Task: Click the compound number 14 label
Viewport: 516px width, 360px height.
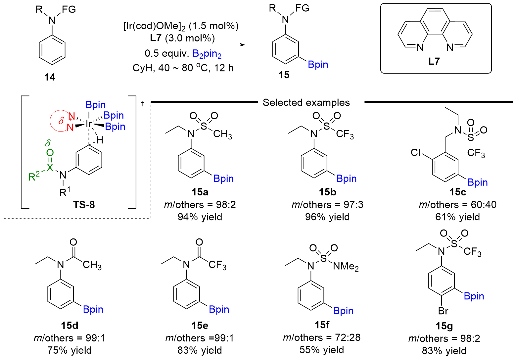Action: point(50,77)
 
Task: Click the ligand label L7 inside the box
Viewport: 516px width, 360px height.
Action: point(434,61)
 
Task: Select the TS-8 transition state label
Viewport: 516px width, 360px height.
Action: point(84,205)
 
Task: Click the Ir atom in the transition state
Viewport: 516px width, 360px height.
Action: point(89,124)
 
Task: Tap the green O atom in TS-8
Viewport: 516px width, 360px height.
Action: point(50,153)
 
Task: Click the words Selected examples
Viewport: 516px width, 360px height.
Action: point(306,103)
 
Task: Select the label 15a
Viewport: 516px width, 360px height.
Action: point(200,192)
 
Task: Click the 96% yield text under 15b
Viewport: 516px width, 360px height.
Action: point(327,217)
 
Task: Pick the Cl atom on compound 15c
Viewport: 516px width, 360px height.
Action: point(416,152)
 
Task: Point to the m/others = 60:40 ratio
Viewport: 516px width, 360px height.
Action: point(458,205)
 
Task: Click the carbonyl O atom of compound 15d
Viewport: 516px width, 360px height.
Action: point(73,242)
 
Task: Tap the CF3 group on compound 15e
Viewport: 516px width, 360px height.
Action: point(217,265)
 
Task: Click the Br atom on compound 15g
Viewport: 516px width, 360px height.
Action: point(443,311)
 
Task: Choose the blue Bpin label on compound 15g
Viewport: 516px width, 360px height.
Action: point(474,296)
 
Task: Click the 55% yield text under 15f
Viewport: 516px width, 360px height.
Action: point(322,350)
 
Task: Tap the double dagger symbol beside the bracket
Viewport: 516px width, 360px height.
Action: point(143,104)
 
